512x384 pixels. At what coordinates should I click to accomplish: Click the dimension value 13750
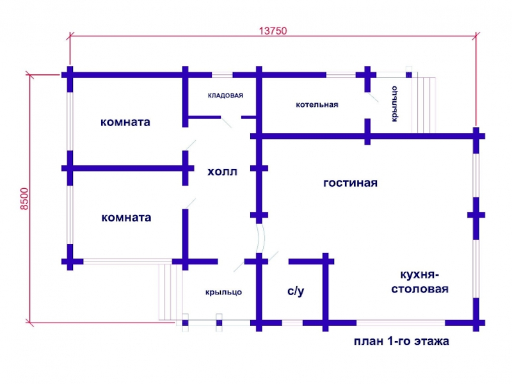(x=273, y=31)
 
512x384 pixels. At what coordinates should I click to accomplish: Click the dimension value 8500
(x=24, y=199)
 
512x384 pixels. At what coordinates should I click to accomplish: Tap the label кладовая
(x=226, y=95)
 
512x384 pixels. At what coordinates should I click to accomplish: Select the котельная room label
(x=317, y=105)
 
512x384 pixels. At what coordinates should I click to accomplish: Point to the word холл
(x=222, y=172)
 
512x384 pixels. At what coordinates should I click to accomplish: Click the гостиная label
(x=350, y=183)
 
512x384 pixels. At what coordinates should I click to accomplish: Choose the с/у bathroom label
(x=296, y=291)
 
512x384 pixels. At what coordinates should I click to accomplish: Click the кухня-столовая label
(x=420, y=282)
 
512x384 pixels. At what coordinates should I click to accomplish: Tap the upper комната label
(x=125, y=122)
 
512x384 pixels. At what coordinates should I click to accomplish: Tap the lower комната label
(x=126, y=218)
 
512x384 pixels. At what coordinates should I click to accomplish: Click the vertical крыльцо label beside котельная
(x=394, y=104)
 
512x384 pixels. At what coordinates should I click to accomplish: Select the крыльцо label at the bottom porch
(x=223, y=292)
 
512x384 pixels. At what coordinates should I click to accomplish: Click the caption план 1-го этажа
(x=402, y=341)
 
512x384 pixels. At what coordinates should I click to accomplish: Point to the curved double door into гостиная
(x=260, y=238)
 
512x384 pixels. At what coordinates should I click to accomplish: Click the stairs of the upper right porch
(x=424, y=105)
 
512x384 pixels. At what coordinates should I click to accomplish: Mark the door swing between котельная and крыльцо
(x=372, y=97)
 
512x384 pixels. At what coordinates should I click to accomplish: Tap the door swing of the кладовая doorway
(x=226, y=122)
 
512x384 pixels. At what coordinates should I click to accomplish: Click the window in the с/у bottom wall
(x=292, y=323)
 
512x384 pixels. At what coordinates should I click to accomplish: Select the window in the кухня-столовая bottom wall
(x=401, y=323)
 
